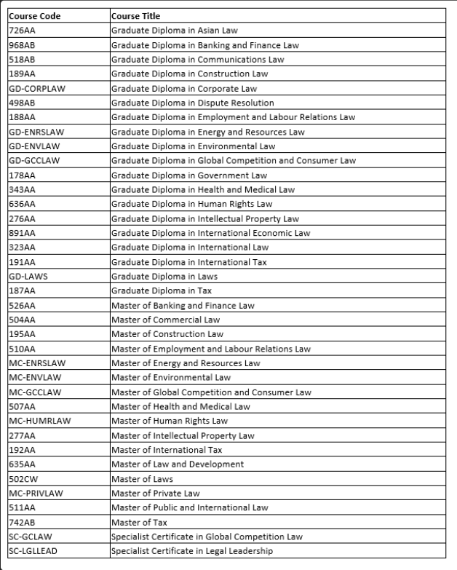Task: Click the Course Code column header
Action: [34, 16]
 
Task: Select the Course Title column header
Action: [135, 16]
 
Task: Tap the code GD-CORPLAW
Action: [34, 88]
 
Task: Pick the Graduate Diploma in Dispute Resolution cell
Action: [192, 103]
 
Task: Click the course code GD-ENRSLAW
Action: [34, 132]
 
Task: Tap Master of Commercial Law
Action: [165, 320]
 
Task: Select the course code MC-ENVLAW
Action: [33, 377]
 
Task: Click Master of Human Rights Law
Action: [170, 421]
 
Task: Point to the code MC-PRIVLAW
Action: [36, 493]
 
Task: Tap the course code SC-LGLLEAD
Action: [33, 550]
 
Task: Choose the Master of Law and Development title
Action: [177, 464]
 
